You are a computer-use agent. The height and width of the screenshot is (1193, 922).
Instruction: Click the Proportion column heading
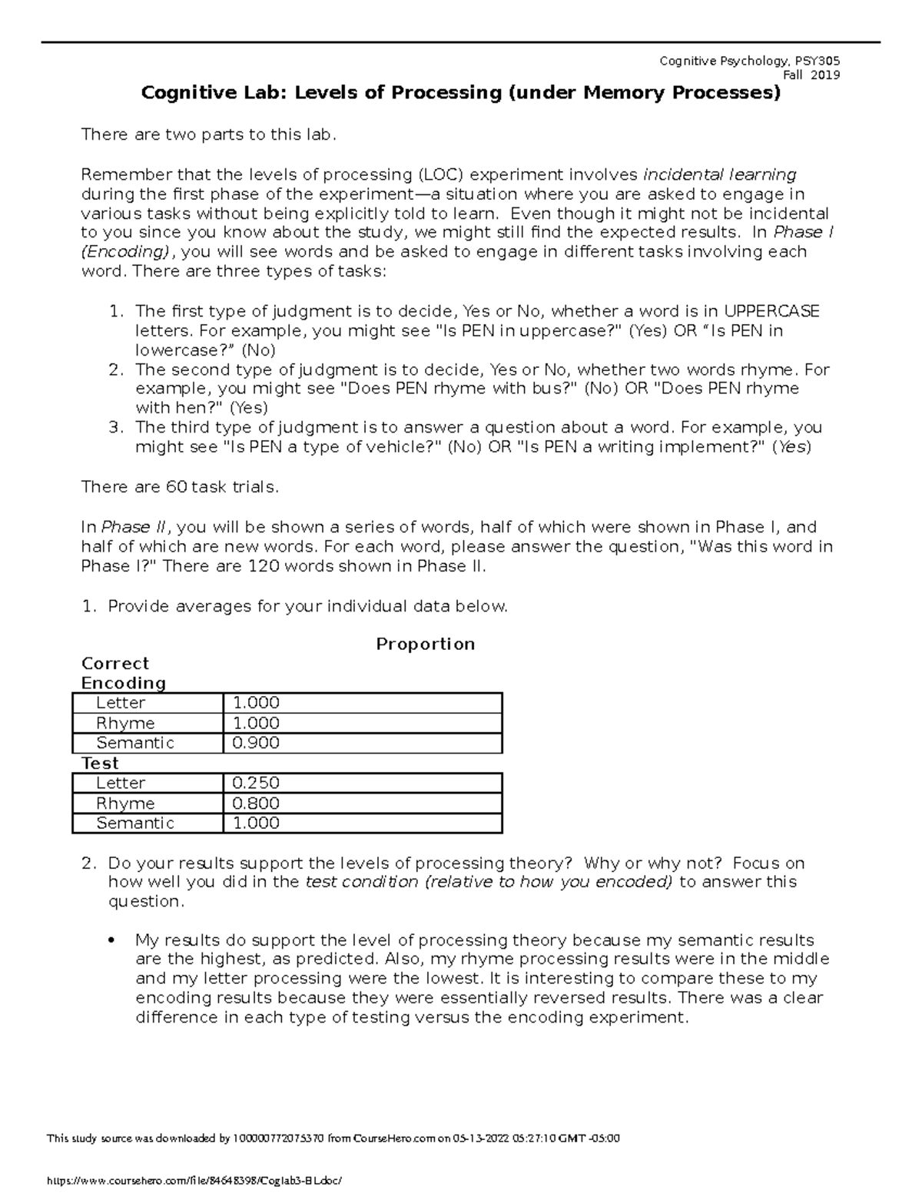pyautogui.click(x=425, y=644)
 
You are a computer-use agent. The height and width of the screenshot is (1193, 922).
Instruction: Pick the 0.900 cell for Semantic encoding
pyautogui.click(x=256, y=743)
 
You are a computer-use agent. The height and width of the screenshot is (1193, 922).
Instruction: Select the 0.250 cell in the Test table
pyautogui.click(x=256, y=783)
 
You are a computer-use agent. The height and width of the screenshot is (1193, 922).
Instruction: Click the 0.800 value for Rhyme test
pyautogui.click(x=256, y=803)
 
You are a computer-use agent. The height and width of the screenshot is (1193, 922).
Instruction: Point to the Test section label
pyautogui.click(x=100, y=763)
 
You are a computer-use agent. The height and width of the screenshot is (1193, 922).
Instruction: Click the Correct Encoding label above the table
pyautogui.click(x=123, y=673)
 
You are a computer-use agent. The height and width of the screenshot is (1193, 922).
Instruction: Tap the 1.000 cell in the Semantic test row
pyautogui.click(x=256, y=823)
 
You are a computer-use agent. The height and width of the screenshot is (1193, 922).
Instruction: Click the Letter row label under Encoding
pyautogui.click(x=121, y=703)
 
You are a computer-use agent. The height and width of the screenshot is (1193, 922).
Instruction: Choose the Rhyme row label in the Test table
pyautogui.click(x=125, y=803)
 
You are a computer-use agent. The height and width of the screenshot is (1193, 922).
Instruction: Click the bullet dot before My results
pyautogui.click(x=113, y=941)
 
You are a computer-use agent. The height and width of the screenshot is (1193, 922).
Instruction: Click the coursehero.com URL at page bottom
pyautogui.click(x=192, y=1179)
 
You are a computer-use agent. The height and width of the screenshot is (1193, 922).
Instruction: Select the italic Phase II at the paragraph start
pyautogui.click(x=136, y=527)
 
